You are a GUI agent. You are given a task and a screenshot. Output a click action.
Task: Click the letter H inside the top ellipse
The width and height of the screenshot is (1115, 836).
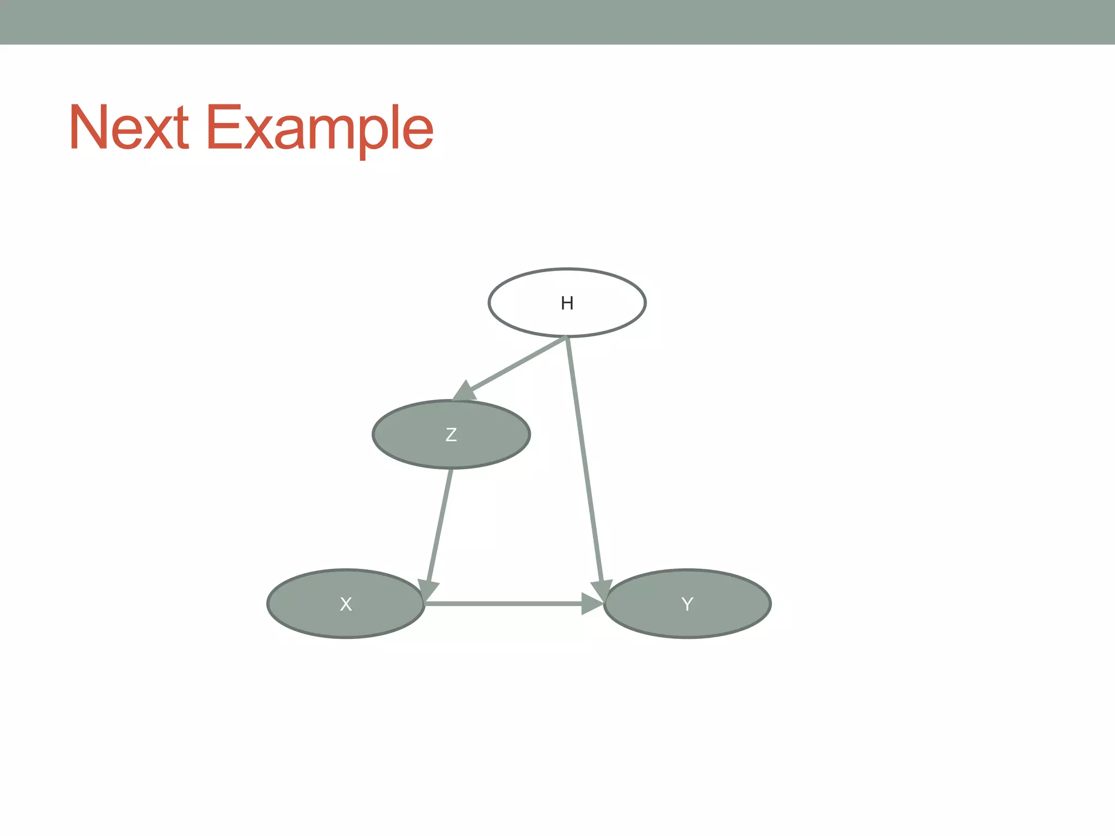567,303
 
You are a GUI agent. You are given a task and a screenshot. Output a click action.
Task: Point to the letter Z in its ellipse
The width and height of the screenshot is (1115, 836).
451,435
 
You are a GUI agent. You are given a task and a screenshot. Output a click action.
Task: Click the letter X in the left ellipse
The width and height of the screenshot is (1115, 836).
346,604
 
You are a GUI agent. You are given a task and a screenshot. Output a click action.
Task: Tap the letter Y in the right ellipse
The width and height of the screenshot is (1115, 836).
687,604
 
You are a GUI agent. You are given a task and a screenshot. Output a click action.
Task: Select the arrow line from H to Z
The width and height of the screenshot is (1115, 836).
517,364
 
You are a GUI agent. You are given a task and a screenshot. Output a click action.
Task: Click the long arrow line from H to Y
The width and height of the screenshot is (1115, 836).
584,457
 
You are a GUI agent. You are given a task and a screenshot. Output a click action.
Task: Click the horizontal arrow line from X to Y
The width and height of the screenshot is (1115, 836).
501,604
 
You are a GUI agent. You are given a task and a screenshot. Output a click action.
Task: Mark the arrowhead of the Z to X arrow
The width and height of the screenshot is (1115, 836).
428,589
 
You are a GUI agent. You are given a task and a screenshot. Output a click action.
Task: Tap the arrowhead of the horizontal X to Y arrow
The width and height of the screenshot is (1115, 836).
592,604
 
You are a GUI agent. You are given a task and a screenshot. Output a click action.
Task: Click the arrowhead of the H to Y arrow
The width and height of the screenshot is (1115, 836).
602,589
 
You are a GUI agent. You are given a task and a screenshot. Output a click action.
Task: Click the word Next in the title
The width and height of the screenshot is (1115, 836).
128,128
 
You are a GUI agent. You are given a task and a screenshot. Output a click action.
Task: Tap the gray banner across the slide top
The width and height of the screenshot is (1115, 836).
557,22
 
